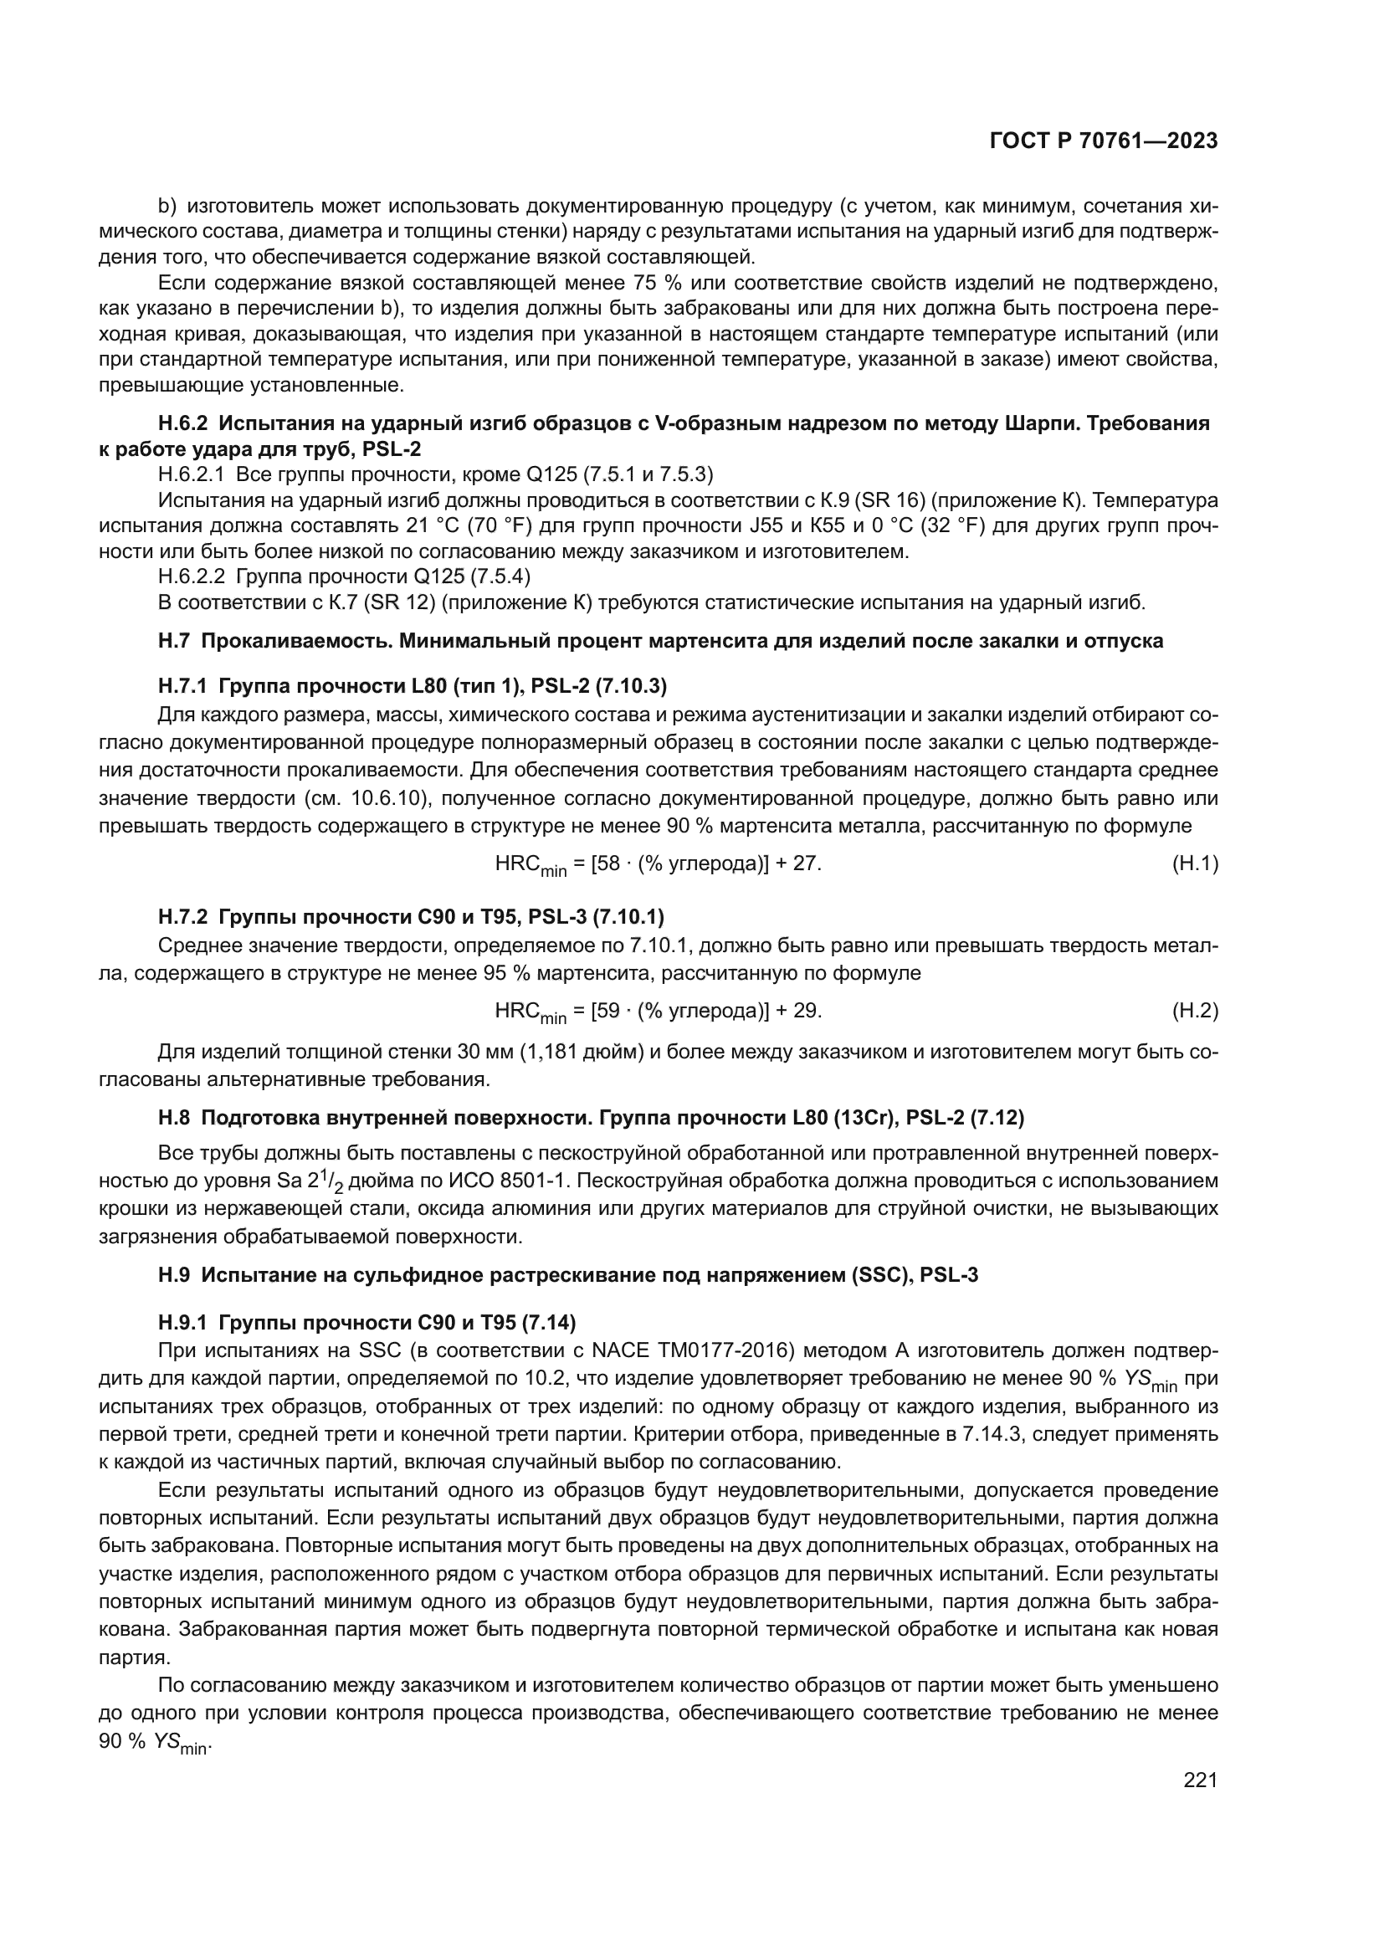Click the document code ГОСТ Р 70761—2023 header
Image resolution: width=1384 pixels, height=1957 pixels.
(1103, 141)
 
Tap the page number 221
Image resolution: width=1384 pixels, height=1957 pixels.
(1200, 1780)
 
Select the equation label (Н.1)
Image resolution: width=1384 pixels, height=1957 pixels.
(1195, 863)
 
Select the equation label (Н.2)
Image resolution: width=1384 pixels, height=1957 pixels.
(1195, 1011)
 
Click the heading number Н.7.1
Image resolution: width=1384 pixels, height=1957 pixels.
(183, 685)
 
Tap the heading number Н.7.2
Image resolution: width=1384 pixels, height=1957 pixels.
(183, 917)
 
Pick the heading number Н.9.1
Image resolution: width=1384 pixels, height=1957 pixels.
(183, 1323)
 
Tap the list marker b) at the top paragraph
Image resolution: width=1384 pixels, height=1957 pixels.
(168, 207)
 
